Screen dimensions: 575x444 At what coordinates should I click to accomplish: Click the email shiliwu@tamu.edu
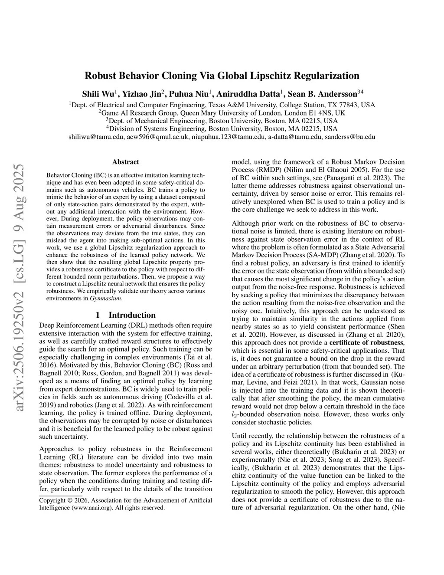coord(96,137)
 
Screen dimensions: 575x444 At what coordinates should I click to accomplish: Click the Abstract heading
coord(125,162)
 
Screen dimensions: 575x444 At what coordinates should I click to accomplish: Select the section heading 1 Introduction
coord(125,315)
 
